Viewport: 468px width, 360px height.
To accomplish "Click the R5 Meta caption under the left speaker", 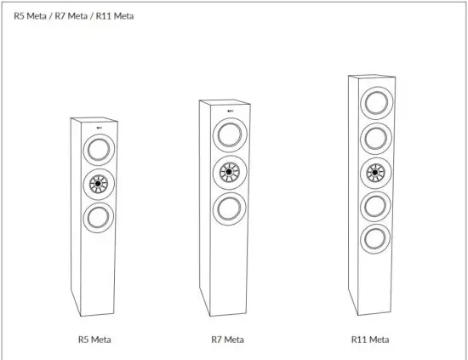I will coord(94,340).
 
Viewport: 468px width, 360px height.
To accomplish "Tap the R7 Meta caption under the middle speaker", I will coord(228,340).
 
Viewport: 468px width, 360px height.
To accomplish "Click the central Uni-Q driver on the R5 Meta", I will coord(99,182).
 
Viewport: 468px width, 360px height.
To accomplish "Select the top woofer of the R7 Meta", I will coord(229,135).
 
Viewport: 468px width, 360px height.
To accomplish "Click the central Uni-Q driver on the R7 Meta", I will coord(229,171).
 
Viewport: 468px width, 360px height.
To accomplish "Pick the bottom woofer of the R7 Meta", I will coord(229,207).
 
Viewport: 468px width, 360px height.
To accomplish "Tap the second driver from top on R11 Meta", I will coord(374,137).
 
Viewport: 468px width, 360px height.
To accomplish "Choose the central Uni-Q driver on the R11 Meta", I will coord(374,173).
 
